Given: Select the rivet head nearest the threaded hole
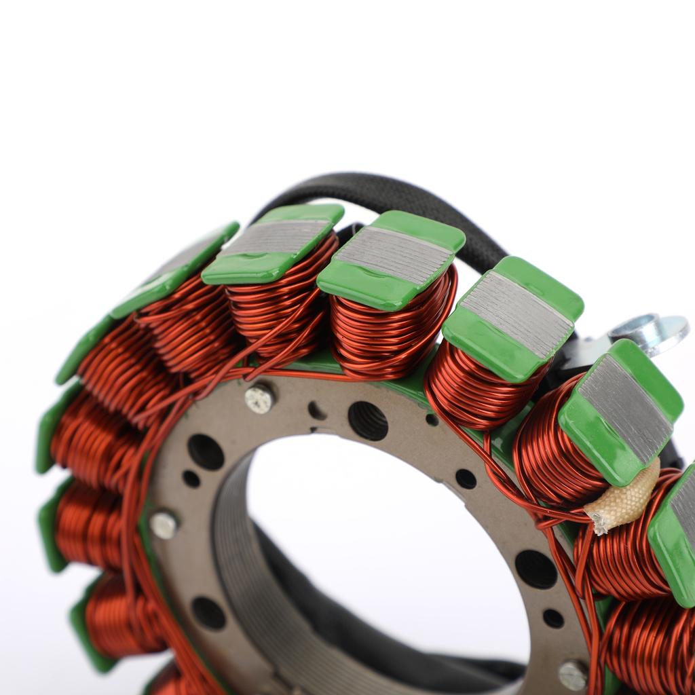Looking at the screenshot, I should tap(259, 398).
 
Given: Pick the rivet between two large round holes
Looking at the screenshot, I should tap(164, 525).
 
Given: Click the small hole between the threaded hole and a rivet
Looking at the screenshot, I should tap(316, 410).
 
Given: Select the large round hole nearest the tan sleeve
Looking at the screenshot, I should tap(536, 569).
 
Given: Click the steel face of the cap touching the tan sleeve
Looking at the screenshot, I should tap(624, 408).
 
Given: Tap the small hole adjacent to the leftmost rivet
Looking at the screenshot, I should tap(191, 478).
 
